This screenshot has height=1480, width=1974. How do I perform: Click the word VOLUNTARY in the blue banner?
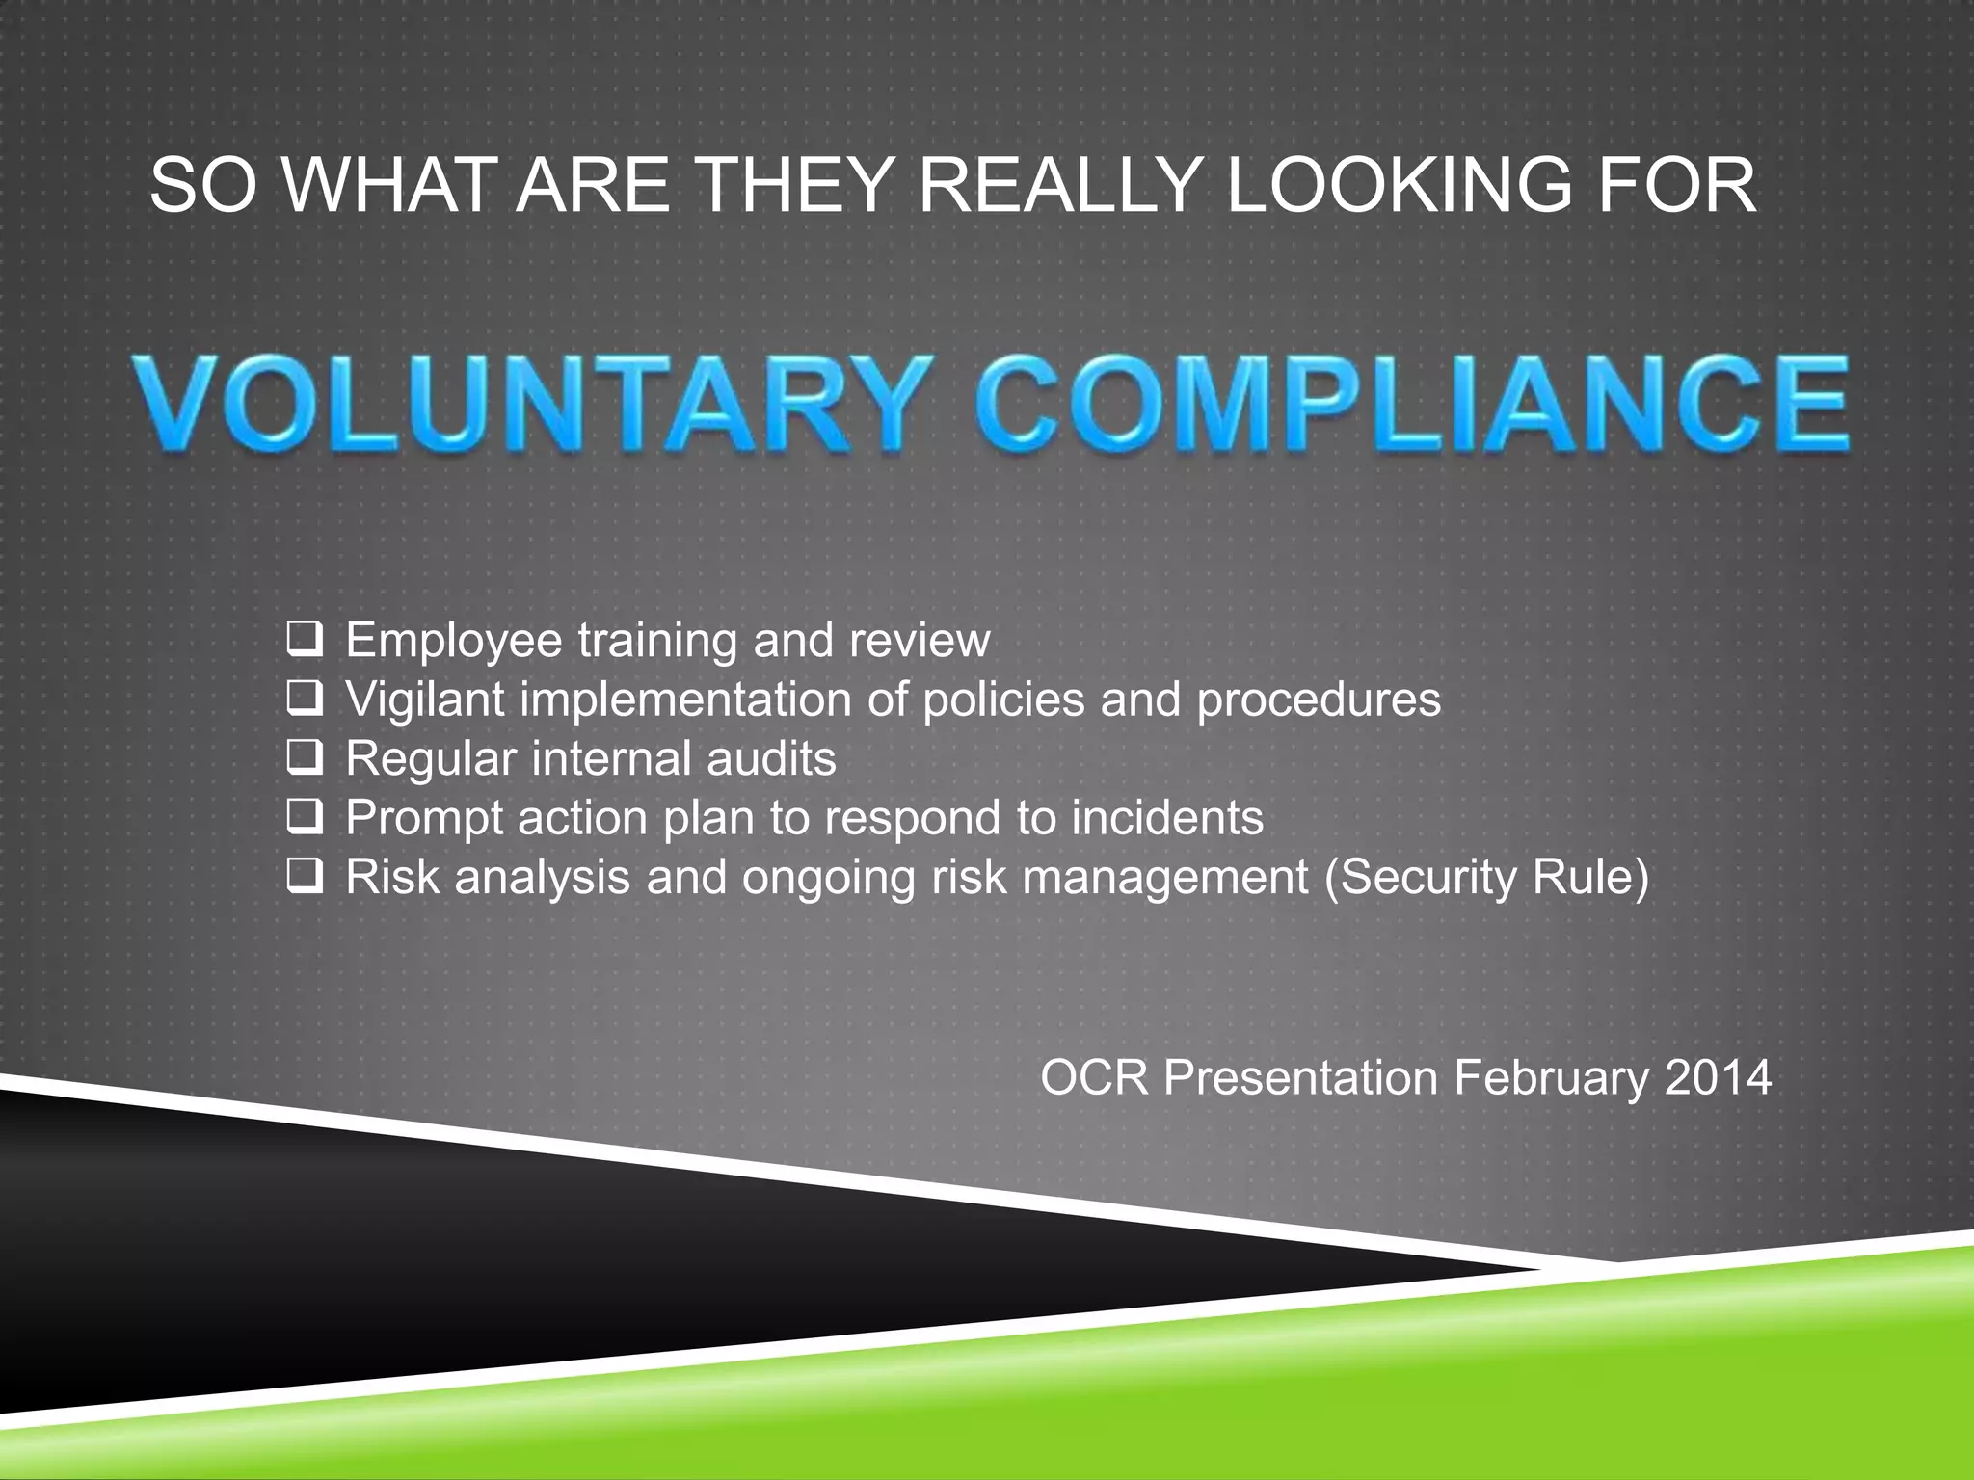pyautogui.click(x=535, y=402)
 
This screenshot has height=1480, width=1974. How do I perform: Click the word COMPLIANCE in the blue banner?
pyautogui.click(x=1417, y=402)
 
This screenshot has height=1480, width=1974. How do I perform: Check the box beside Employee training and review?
pyautogui.click(x=305, y=640)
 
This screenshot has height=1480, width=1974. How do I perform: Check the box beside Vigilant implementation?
pyautogui.click(x=305, y=699)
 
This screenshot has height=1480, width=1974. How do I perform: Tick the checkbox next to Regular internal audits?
pyautogui.click(x=305, y=758)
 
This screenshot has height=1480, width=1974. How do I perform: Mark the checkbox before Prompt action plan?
pyautogui.click(x=305, y=817)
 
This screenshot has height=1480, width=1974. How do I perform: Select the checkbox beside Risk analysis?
pyautogui.click(x=305, y=877)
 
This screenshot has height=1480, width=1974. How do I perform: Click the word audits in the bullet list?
pyautogui.click(x=771, y=758)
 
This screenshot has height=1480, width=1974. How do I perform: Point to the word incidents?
pyautogui.click(x=1167, y=818)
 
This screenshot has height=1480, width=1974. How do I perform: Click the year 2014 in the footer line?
pyautogui.click(x=1717, y=1077)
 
